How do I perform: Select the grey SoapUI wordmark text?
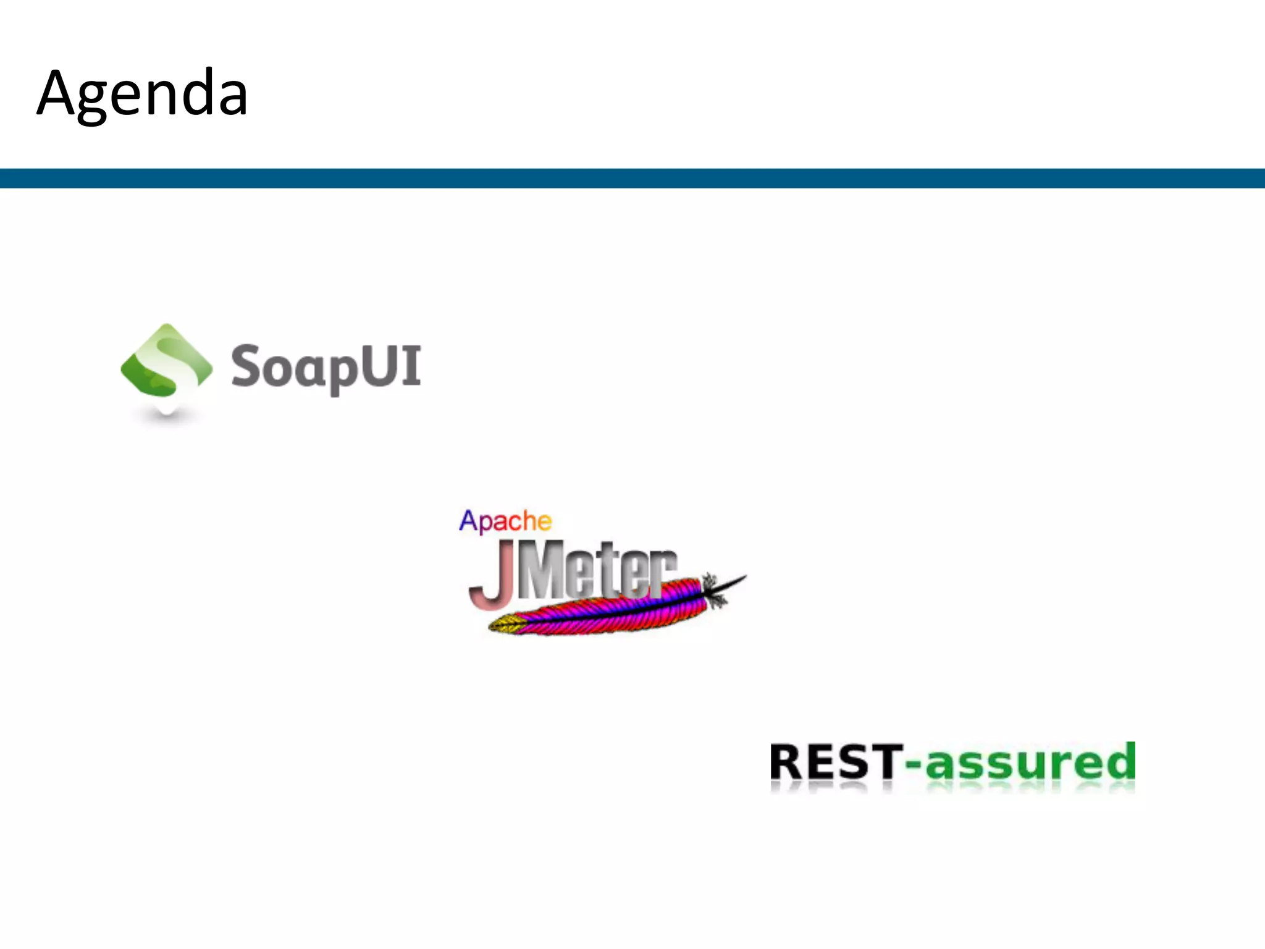(x=326, y=367)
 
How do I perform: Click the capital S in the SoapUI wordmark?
(x=246, y=366)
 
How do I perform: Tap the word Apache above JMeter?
(x=505, y=521)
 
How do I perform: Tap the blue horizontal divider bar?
(x=632, y=178)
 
